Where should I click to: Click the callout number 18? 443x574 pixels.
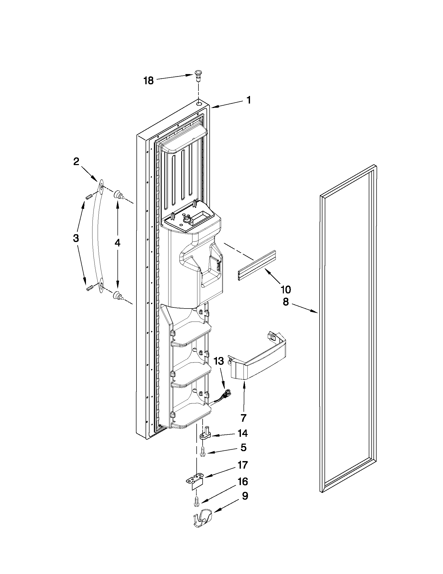(148, 81)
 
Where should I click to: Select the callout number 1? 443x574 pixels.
(248, 100)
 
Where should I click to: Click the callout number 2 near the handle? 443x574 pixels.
(76, 162)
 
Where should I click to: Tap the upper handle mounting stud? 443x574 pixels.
(118, 195)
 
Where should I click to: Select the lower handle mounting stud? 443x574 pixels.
(118, 296)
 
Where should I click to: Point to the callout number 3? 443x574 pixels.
(76, 238)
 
